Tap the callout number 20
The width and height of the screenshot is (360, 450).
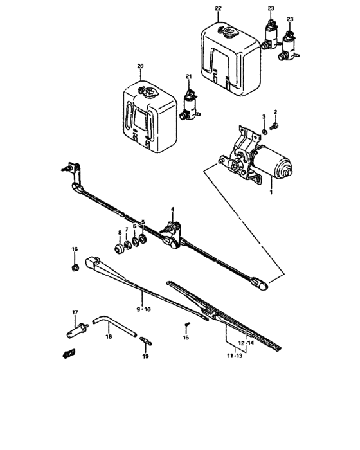tap(141, 66)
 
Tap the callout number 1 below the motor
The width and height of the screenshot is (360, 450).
tap(271, 192)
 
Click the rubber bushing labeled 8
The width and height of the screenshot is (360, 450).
tap(119, 248)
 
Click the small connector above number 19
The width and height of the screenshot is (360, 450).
tap(145, 341)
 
